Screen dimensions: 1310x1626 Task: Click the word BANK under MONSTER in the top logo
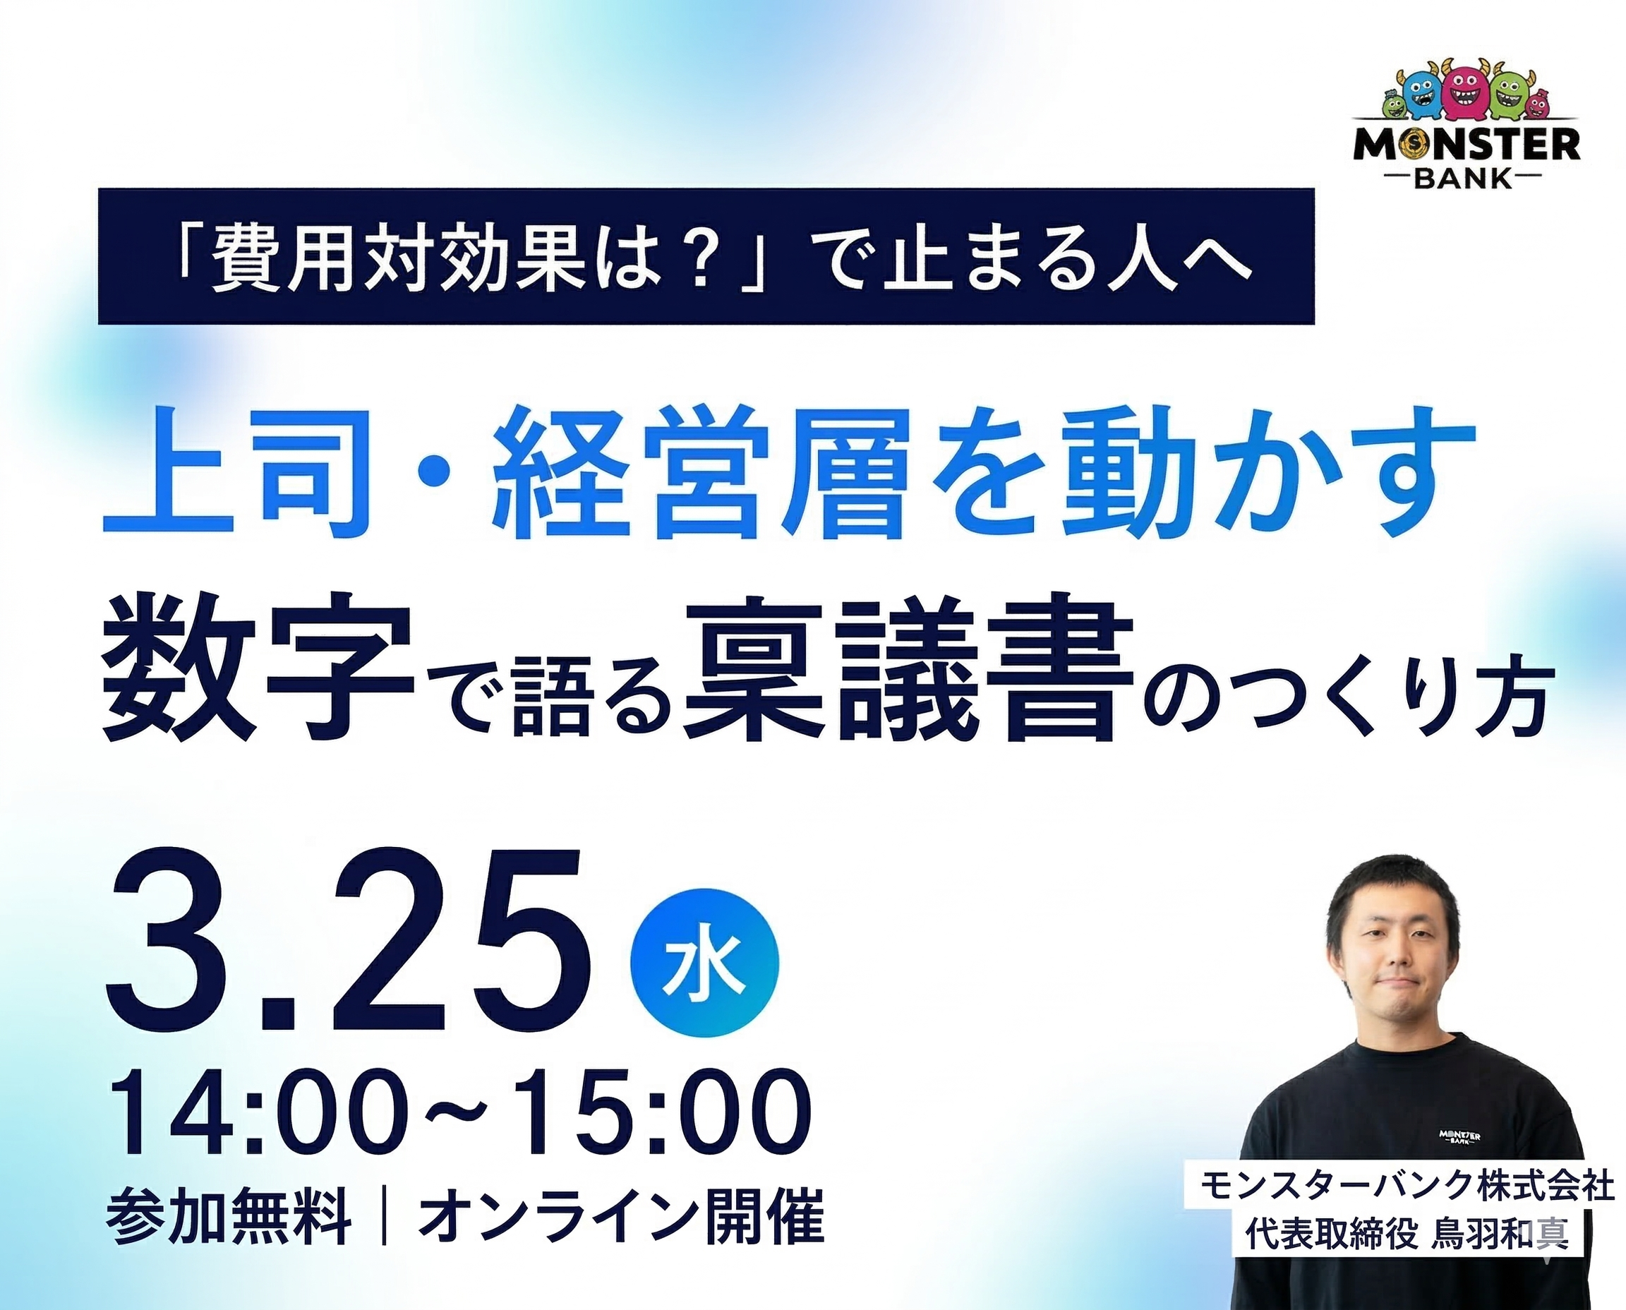1464,179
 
